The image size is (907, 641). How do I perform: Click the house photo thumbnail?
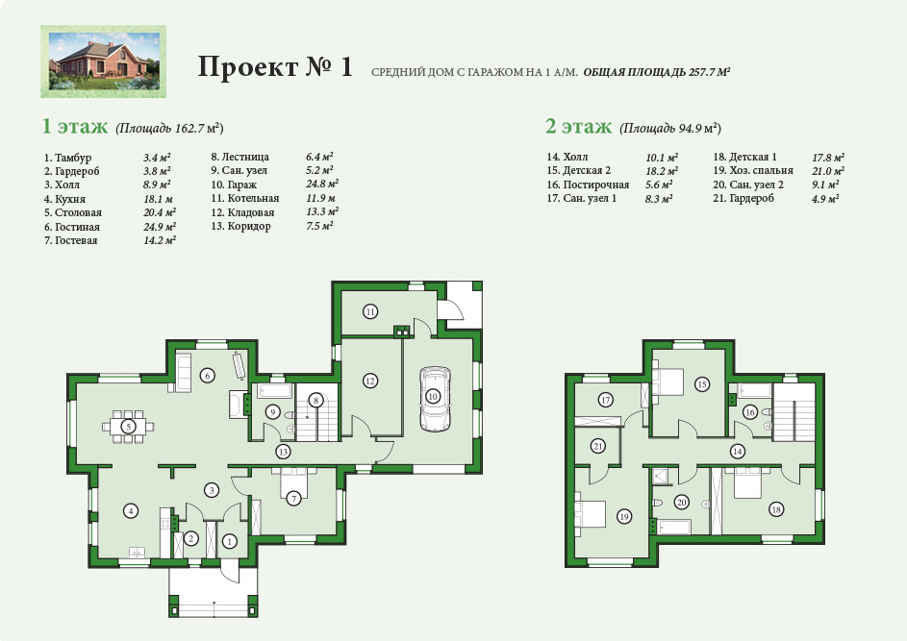tap(104, 62)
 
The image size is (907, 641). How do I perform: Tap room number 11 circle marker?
tap(370, 312)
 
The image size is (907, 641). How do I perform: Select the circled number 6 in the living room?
tap(208, 376)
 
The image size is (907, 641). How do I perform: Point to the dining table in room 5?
tap(128, 427)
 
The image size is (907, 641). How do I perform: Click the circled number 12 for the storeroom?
tap(370, 381)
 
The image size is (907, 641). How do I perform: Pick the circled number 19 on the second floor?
tap(624, 516)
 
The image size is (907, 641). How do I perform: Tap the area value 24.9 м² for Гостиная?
tap(160, 227)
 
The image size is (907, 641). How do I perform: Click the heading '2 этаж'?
tap(578, 126)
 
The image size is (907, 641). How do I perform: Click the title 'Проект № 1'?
tap(275, 66)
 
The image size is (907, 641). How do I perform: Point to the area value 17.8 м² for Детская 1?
tap(828, 158)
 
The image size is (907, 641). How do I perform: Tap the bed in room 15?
tap(668, 381)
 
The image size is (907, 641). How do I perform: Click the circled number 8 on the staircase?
tap(315, 400)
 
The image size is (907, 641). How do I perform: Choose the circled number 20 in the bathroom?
tap(682, 503)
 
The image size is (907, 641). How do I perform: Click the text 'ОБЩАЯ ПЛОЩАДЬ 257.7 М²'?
tap(657, 72)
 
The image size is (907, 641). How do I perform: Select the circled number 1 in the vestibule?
tap(230, 542)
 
